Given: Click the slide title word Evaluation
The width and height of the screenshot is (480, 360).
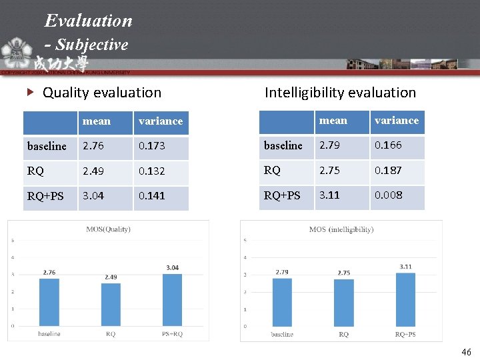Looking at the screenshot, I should pos(89,21).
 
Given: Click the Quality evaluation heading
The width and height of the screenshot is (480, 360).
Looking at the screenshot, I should pos(101,93).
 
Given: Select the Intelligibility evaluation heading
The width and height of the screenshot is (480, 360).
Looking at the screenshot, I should pos(340,93).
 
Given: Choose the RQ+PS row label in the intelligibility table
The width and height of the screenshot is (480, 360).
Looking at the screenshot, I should pos(282,195).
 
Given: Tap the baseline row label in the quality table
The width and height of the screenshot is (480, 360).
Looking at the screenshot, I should pos(47,146).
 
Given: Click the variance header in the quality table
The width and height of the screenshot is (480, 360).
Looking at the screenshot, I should pos(160,121).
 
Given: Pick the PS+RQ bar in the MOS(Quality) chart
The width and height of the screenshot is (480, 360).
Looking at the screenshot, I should pos(172,299).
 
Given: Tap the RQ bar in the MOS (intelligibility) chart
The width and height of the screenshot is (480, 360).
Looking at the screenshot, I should pos(344,303).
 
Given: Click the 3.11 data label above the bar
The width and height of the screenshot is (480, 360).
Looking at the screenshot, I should pos(405,267).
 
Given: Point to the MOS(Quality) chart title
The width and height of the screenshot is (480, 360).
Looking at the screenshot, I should pos(108,229).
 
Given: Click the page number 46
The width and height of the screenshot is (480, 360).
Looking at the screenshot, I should pos(466,351).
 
